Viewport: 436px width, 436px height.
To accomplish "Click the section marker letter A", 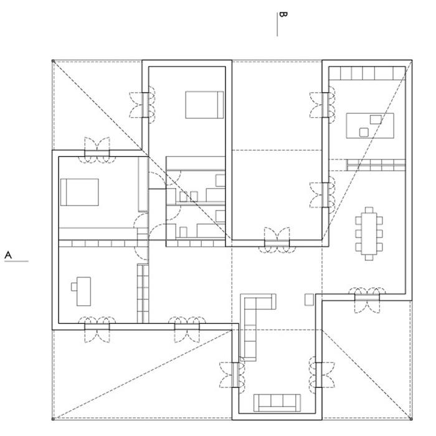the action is (x=8, y=255).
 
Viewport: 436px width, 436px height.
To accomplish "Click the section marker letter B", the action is (x=283, y=14).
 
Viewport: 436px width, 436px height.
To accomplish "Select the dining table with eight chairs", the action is (x=369, y=234).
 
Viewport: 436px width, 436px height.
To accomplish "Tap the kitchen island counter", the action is (x=370, y=125).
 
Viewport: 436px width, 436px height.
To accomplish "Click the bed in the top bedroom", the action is (x=204, y=105).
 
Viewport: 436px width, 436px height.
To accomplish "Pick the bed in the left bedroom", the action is (x=80, y=192).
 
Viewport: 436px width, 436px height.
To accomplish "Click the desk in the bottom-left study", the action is (x=83, y=291).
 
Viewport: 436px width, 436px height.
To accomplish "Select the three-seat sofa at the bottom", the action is (x=277, y=403).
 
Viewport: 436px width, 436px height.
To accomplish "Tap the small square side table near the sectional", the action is (x=309, y=300).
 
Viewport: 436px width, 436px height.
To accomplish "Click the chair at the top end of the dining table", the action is (x=369, y=210).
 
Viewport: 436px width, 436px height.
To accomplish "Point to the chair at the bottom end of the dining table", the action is (x=369, y=258).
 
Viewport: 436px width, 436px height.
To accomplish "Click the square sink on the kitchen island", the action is (x=364, y=132).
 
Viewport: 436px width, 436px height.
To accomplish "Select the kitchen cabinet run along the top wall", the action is (x=367, y=73).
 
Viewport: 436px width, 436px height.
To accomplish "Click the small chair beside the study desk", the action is (x=74, y=287).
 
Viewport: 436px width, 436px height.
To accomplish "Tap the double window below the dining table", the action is (x=367, y=298).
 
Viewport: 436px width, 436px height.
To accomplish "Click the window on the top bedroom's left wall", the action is (x=145, y=105).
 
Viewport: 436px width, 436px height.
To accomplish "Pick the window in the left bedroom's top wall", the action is (x=97, y=153).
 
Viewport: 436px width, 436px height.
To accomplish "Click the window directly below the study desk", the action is (x=97, y=327).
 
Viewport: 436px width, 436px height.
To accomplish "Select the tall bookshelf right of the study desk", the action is (x=143, y=293).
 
